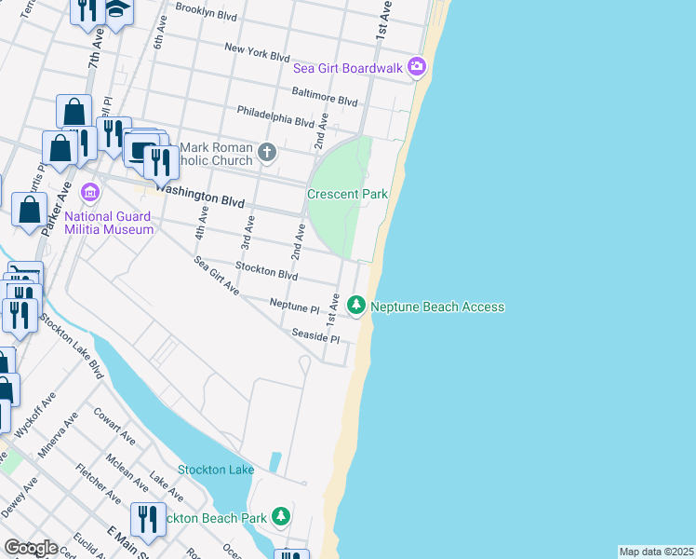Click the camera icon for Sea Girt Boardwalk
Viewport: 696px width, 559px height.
pos(417,67)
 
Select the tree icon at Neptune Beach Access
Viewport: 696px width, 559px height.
pos(355,305)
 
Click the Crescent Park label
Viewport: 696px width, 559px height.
pos(347,194)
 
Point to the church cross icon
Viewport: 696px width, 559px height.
pos(268,152)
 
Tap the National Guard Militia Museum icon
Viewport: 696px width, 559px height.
pos(90,193)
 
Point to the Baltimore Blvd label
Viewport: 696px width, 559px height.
pos(325,99)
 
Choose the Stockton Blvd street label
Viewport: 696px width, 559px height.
pos(266,271)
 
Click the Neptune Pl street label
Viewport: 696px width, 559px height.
pos(294,305)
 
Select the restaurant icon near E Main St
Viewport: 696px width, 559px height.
pos(147,517)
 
